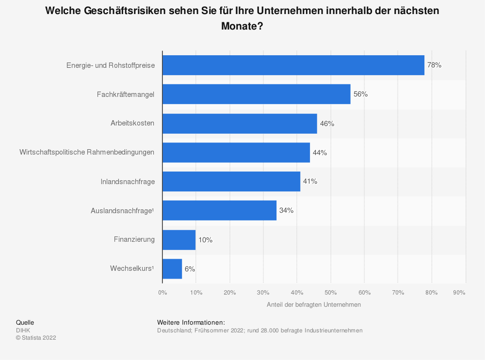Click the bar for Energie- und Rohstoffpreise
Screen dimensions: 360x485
click(293, 65)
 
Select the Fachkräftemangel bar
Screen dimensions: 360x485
click(256, 94)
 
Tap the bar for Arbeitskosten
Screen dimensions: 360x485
click(240, 124)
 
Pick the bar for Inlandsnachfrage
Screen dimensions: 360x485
click(231, 181)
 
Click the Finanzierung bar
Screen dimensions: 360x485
click(179, 240)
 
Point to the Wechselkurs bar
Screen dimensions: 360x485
click(172, 269)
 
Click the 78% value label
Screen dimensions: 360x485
click(434, 65)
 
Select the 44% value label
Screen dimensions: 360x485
click(320, 153)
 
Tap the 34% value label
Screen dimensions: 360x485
click(286, 211)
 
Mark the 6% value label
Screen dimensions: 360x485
click(190, 269)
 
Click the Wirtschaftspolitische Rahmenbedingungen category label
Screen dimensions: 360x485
click(87, 152)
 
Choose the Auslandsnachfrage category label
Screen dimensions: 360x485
click(122, 211)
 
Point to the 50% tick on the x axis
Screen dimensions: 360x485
click(331, 292)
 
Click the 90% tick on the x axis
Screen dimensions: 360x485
click(459, 292)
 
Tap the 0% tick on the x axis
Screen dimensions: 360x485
click(162, 292)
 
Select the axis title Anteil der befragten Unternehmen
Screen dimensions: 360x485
click(314, 305)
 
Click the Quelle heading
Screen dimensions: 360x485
click(25, 322)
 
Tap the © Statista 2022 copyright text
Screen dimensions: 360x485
click(36, 338)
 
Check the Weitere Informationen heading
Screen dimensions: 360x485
click(191, 322)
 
